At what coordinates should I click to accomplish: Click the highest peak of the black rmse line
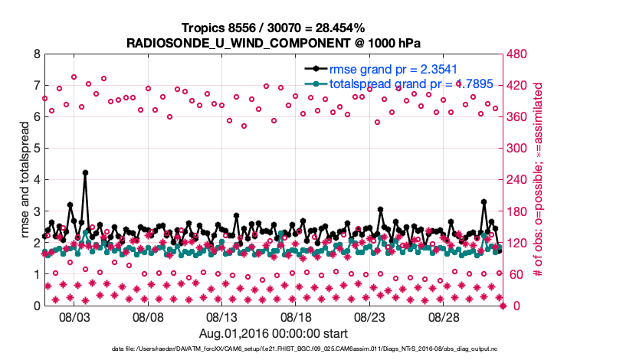(85, 172)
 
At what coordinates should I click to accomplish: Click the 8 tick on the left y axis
(37, 54)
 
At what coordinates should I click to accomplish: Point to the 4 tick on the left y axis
(37, 180)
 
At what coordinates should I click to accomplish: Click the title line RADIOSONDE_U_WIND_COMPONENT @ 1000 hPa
(274, 43)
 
